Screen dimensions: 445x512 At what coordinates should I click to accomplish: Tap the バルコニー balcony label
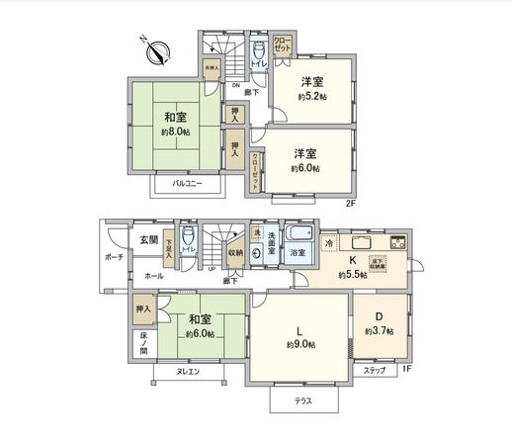coord(187,184)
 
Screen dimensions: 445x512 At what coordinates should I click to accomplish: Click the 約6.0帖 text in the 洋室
coord(305,169)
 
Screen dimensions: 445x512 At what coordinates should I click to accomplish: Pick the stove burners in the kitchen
coord(398,243)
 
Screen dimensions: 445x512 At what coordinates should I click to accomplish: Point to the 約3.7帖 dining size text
coord(379,331)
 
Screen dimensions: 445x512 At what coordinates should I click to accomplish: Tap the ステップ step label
coord(376,370)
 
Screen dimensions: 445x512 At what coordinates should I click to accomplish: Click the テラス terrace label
coord(303,401)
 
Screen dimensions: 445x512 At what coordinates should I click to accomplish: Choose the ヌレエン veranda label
coord(188,371)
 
